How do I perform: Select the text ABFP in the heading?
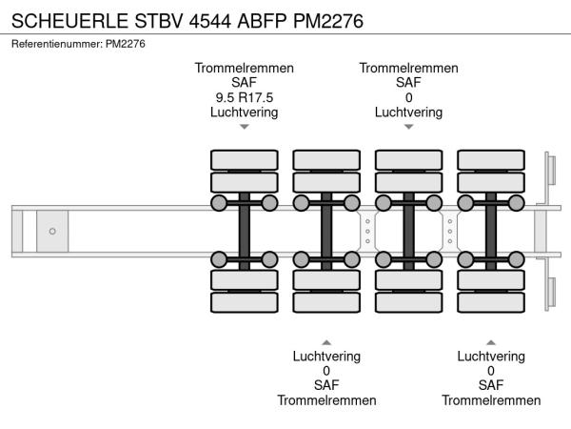tap(273, 20)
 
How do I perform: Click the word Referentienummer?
tap(54, 44)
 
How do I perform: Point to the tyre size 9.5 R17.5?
tap(244, 97)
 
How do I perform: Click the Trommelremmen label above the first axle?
tap(244, 68)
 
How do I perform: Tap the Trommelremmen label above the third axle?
tap(408, 68)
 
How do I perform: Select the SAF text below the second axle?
tap(326, 385)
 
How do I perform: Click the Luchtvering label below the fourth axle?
tap(491, 356)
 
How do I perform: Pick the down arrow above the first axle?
tap(244, 126)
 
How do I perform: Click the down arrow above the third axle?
tap(408, 126)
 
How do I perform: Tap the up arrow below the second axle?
tap(326, 341)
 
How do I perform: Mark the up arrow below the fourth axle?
tap(491, 341)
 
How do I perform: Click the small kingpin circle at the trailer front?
tap(52, 231)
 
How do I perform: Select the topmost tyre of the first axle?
tap(244, 158)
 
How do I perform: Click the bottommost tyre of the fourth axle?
tap(491, 302)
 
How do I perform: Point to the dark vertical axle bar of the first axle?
tap(244, 231)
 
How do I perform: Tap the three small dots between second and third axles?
tap(367, 231)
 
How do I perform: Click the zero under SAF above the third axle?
tap(408, 97)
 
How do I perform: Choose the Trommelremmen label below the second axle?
tap(326, 400)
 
